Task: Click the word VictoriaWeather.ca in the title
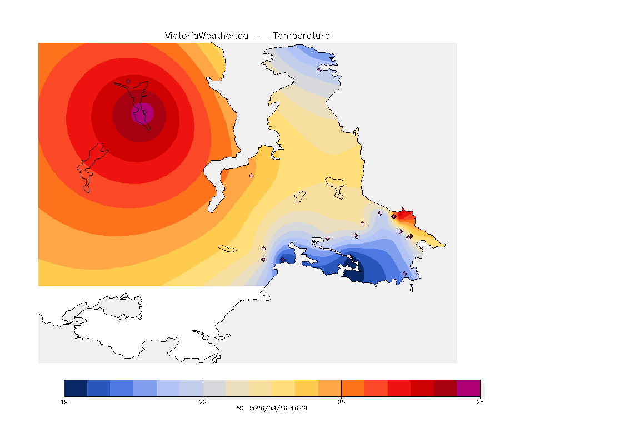click(207, 36)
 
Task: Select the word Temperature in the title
click(301, 36)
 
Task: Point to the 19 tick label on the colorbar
click(64, 402)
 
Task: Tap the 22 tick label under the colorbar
click(203, 402)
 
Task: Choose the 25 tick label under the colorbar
click(341, 402)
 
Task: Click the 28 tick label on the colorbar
click(480, 402)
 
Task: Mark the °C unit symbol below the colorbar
click(240, 408)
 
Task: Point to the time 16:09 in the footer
click(299, 408)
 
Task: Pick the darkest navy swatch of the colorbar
click(76, 388)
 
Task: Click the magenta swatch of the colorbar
click(468, 388)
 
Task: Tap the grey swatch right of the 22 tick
click(214, 388)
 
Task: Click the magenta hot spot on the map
click(142, 113)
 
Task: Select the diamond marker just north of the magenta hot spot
click(128, 81)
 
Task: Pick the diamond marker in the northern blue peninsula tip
click(319, 70)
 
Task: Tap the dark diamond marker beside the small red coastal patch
click(394, 217)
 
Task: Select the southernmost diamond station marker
click(405, 274)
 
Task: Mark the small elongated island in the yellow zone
click(227, 249)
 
